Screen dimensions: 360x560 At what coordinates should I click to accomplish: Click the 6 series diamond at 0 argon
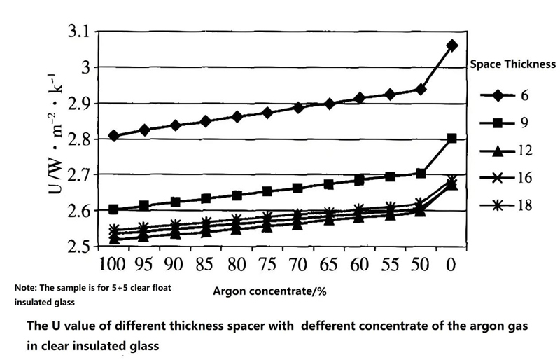tap(451, 46)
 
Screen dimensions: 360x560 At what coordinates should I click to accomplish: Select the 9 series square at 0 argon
tap(451, 139)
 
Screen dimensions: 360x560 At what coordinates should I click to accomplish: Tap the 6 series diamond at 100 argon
tap(113, 136)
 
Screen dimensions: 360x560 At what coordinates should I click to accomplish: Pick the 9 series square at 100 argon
tap(113, 209)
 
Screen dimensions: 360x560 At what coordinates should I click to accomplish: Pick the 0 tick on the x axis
tap(451, 265)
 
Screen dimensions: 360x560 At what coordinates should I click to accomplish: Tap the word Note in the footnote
tap(27, 288)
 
